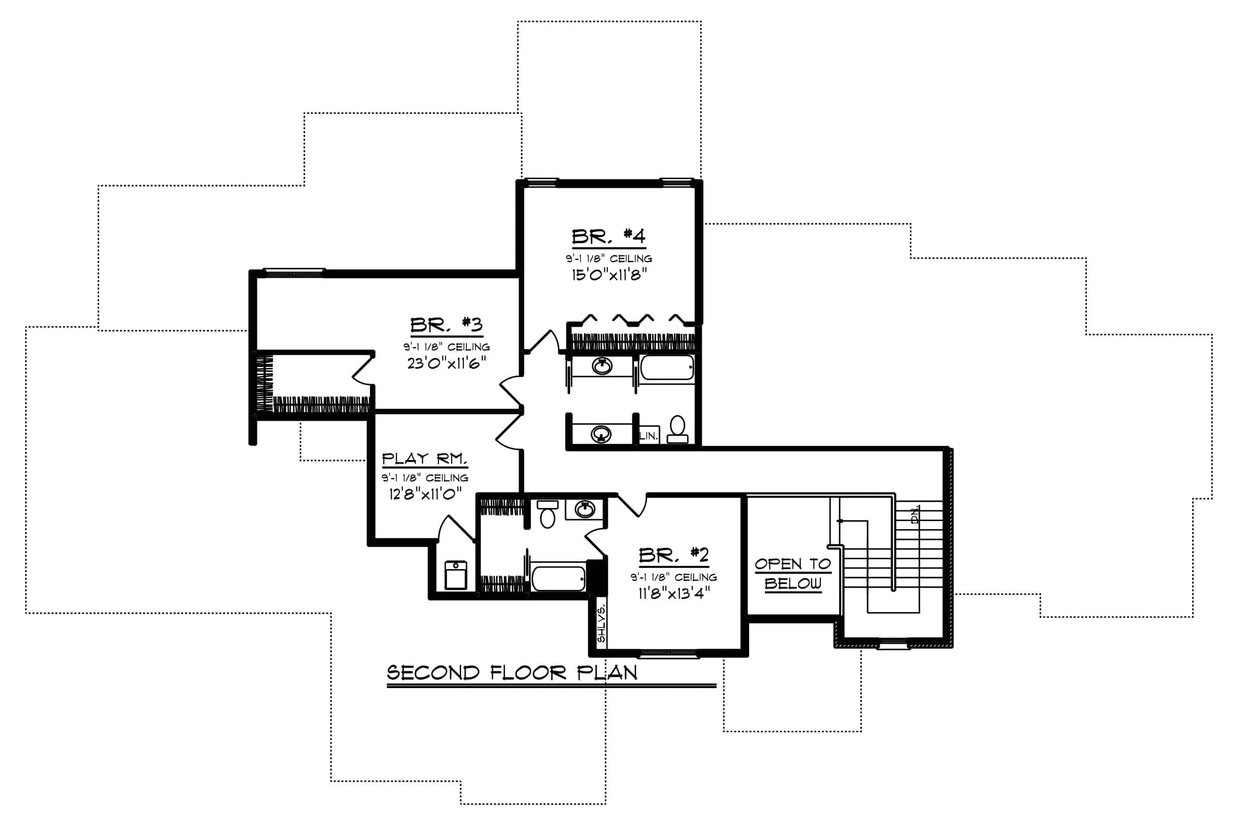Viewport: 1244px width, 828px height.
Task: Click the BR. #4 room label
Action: pos(608,236)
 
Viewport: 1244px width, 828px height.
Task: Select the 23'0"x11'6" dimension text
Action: pos(447,363)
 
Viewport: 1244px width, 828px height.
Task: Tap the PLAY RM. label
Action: pos(424,459)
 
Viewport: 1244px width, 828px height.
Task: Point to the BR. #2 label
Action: pos(673,555)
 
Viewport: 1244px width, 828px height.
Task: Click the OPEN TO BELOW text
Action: pos(792,574)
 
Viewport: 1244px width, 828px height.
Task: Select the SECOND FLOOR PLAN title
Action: pos(512,673)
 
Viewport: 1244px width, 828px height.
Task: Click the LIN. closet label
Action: pos(648,436)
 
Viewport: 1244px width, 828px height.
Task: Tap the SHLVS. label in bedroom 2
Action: pos(601,623)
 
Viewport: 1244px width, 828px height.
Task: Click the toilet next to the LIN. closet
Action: pos(677,430)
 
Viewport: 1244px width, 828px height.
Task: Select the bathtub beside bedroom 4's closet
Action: pos(667,368)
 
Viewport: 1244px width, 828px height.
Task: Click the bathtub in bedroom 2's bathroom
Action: pos(558,579)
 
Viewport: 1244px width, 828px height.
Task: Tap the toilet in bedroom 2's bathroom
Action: pos(548,514)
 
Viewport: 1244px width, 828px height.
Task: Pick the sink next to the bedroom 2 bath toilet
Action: pos(584,509)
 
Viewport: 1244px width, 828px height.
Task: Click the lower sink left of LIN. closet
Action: pos(601,434)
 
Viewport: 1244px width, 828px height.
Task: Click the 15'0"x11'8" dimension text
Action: pos(609,275)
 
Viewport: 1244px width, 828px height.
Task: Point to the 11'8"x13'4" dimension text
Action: pos(674,593)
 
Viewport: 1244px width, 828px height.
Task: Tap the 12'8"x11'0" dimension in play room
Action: pos(425,494)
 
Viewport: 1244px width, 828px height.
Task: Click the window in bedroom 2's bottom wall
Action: pos(669,654)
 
